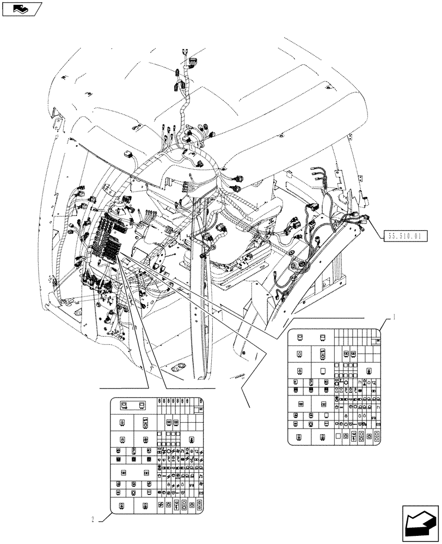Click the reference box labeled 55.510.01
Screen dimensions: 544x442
(x=407, y=236)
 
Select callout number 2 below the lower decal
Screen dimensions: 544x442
(x=95, y=518)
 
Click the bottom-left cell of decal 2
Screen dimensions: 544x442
(x=121, y=505)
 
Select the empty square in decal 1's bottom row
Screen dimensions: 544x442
(x=338, y=436)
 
